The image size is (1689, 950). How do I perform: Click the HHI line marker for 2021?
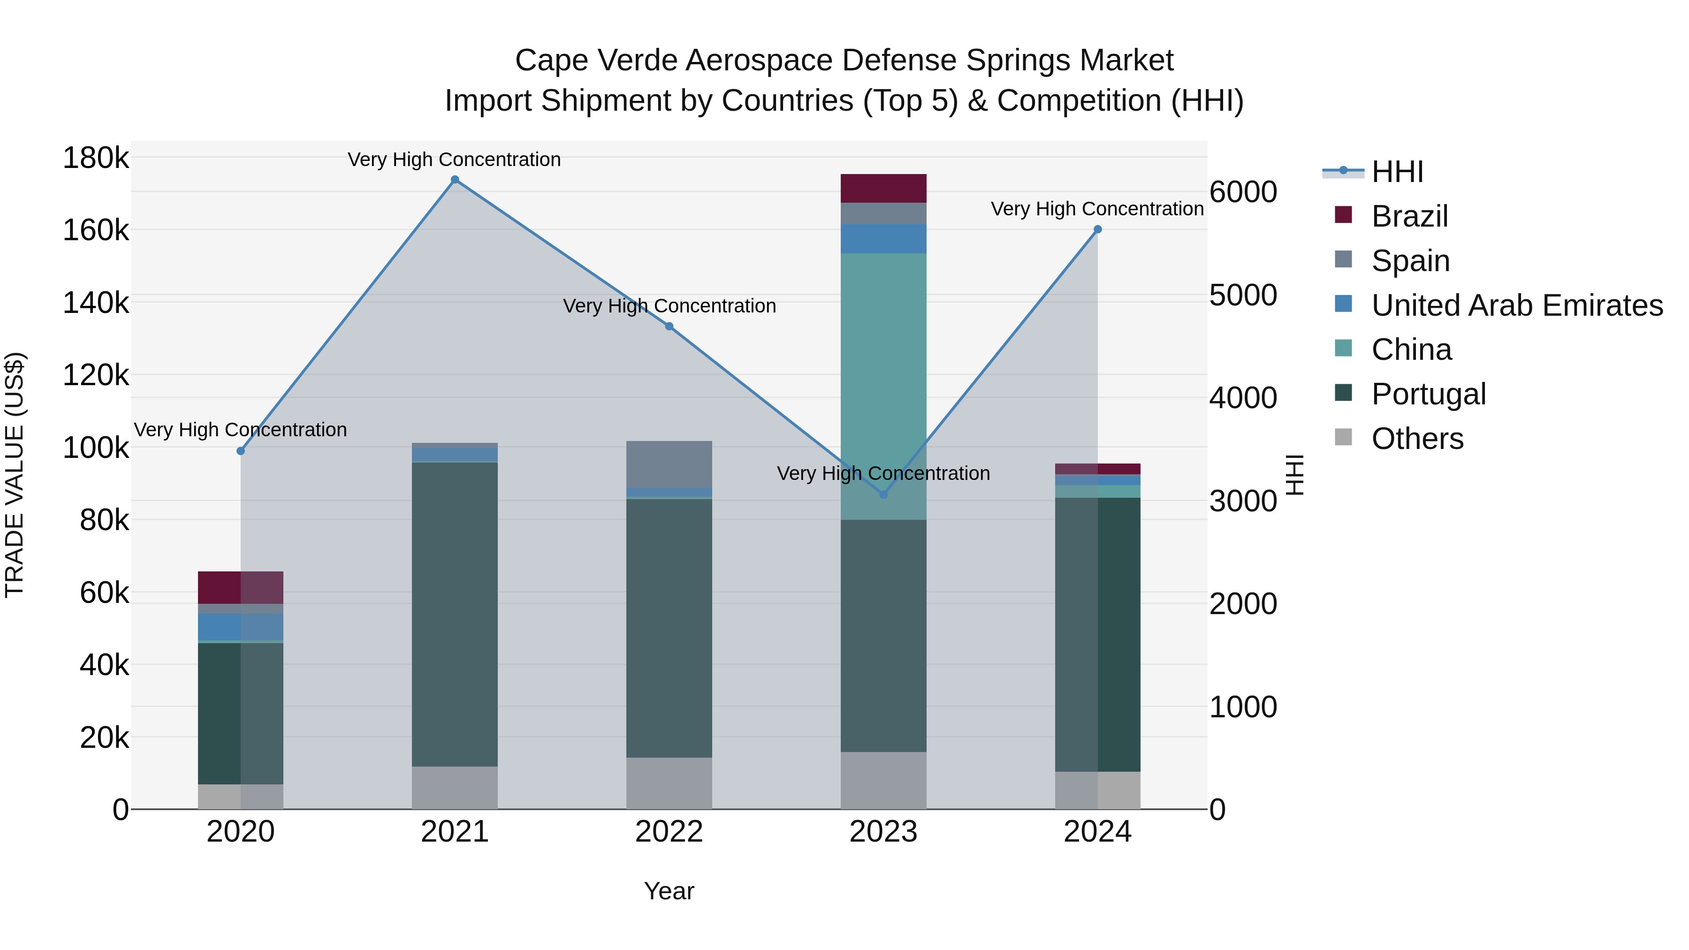coord(454,180)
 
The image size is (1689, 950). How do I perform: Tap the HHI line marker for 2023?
coord(883,494)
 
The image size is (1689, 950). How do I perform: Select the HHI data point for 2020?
coord(241,451)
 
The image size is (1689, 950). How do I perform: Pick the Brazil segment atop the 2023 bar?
coord(883,188)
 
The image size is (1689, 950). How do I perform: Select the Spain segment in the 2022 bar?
coord(669,464)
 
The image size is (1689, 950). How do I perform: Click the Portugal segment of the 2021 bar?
coord(454,614)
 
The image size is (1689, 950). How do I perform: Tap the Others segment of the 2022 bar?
coord(669,783)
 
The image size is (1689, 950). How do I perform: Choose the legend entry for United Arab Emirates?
coord(1516,305)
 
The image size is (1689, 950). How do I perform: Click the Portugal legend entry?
coord(1428,394)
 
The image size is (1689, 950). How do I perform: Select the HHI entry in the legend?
coord(1397,172)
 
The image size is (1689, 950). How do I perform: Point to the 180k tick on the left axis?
coord(96,158)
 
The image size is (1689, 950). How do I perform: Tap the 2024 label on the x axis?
coord(1097,832)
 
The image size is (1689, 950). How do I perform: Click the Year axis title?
coord(669,891)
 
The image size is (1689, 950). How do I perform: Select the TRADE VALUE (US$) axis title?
coord(15,475)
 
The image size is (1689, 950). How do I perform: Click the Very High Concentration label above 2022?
coord(669,306)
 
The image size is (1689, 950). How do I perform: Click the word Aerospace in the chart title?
coord(760,61)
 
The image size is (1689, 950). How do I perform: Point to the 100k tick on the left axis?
coord(96,448)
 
